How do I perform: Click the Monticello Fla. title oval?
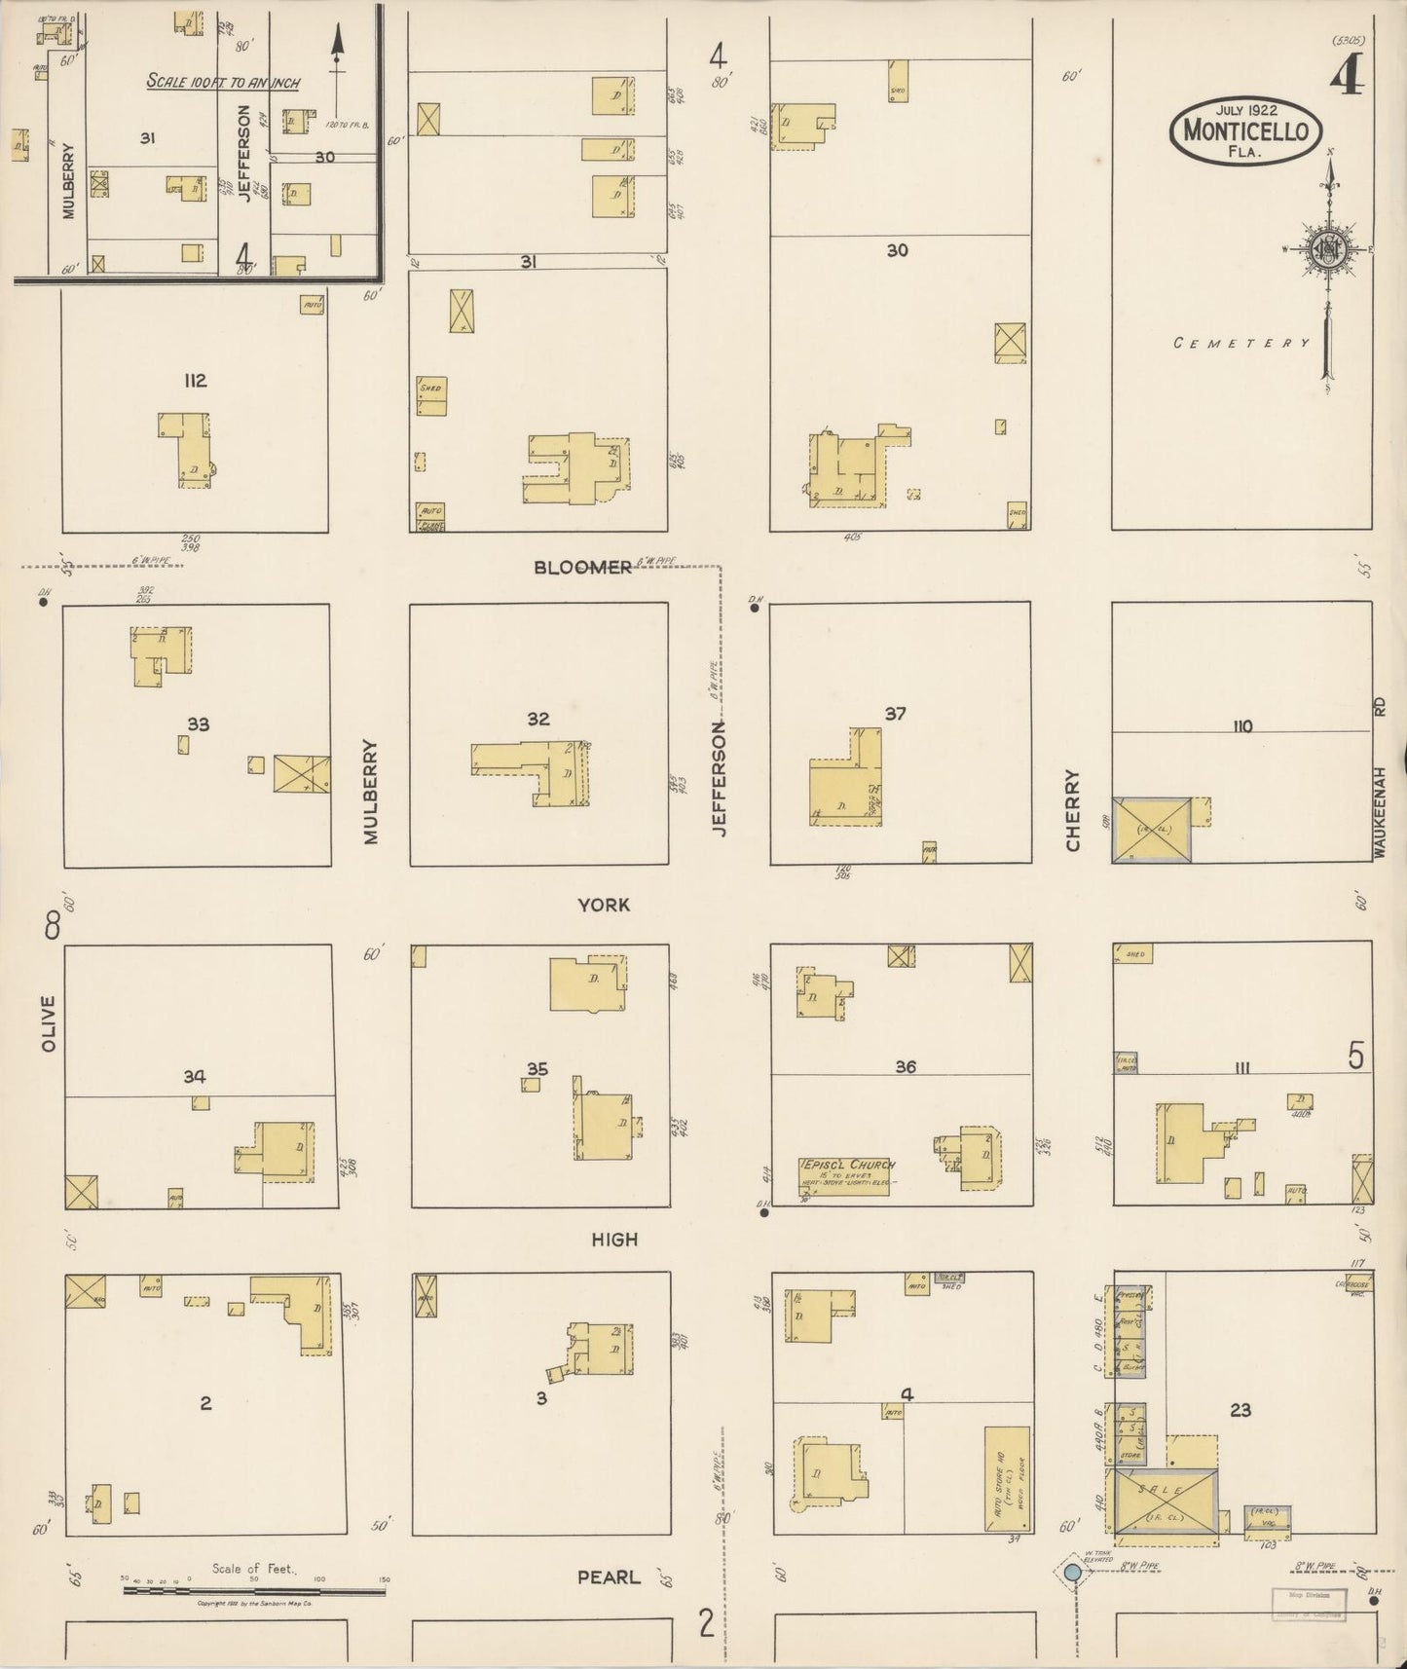[1245, 131]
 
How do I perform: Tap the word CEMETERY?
[1240, 343]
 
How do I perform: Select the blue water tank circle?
[1072, 1572]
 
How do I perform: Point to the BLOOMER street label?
[582, 568]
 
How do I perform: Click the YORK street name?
[604, 905]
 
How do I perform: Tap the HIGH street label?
[614, 1240]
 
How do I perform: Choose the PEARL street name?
[609, 1576]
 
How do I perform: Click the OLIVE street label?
[50, 1023]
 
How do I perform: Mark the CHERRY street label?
[1073, 824]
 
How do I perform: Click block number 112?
[196, 380]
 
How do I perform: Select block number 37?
[895, 714]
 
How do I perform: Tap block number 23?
[1240, 1409]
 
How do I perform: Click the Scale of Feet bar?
[253, 1591]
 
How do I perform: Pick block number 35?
[537, 1068]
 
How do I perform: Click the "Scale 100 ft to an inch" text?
[223, 82]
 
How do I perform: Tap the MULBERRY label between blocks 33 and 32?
[370, 792]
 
